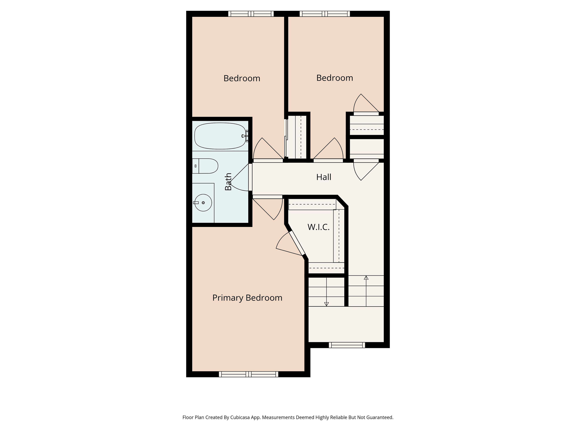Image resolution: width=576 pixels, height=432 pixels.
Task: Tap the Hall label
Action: point(324,177)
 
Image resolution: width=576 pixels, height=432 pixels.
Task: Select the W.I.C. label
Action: point(318,227)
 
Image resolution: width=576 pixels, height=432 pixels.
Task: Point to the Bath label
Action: point(228,181)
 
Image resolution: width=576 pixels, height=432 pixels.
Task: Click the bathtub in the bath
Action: point(220,136)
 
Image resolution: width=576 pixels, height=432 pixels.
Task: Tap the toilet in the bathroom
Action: point(205,166)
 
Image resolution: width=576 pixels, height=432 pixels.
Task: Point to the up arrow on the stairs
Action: point(366,291)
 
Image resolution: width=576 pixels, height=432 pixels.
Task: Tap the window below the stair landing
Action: point(347,345)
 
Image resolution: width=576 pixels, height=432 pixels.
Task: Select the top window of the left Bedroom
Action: point(251,14)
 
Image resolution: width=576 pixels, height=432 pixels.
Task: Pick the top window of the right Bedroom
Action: point(325,14)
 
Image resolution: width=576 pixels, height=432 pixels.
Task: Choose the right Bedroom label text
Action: point(335,78)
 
